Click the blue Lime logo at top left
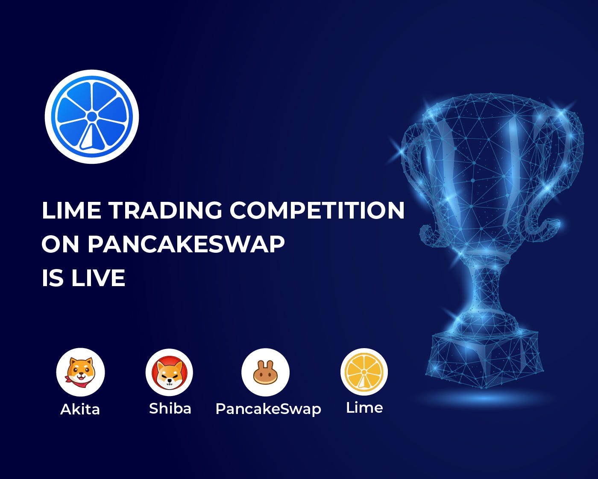92,117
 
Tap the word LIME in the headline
71,210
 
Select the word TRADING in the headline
165,210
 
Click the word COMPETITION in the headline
317,210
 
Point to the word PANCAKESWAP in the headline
186,244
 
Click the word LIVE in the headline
98,278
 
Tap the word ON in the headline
60,244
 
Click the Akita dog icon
81,372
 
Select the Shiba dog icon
169,373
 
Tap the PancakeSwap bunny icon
265,372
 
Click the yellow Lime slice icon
364,372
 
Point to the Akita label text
80,409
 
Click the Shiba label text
170,408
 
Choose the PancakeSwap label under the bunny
268,409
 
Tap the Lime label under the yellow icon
364,408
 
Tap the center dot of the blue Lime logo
92,117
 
